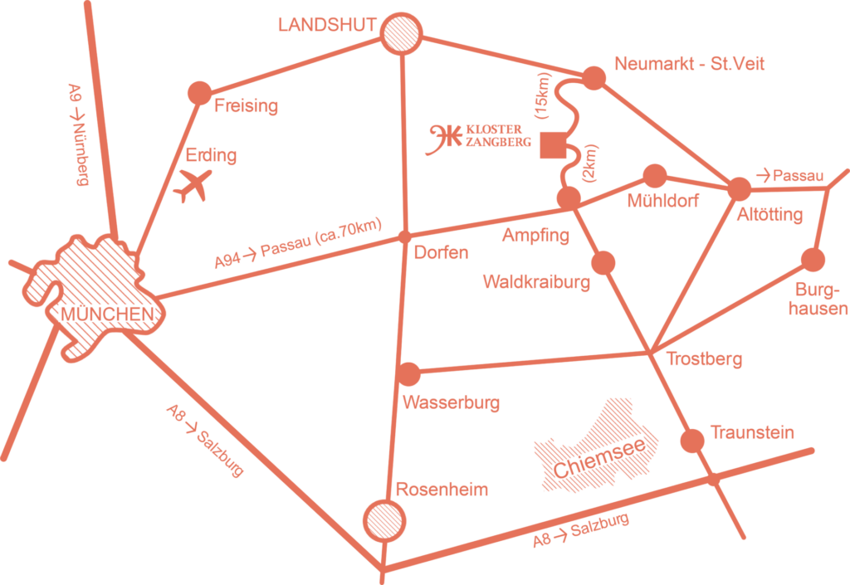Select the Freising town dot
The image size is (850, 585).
pos(200,93)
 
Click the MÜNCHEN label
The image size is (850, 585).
pos(107,314)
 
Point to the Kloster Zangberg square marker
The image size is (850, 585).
pos(551,146)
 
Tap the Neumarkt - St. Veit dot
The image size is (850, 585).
pos(594,78)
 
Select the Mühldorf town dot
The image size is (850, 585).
pos(655,175)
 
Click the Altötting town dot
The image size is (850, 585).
pos(739,188)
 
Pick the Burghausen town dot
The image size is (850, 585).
pos(813,260)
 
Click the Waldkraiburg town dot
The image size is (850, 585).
pos(603,262)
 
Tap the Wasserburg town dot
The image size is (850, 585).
pos(409,374)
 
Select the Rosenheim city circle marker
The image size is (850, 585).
pos(385,520)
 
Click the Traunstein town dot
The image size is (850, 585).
pos(692,440)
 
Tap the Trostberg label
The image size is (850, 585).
pos(705,359)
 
